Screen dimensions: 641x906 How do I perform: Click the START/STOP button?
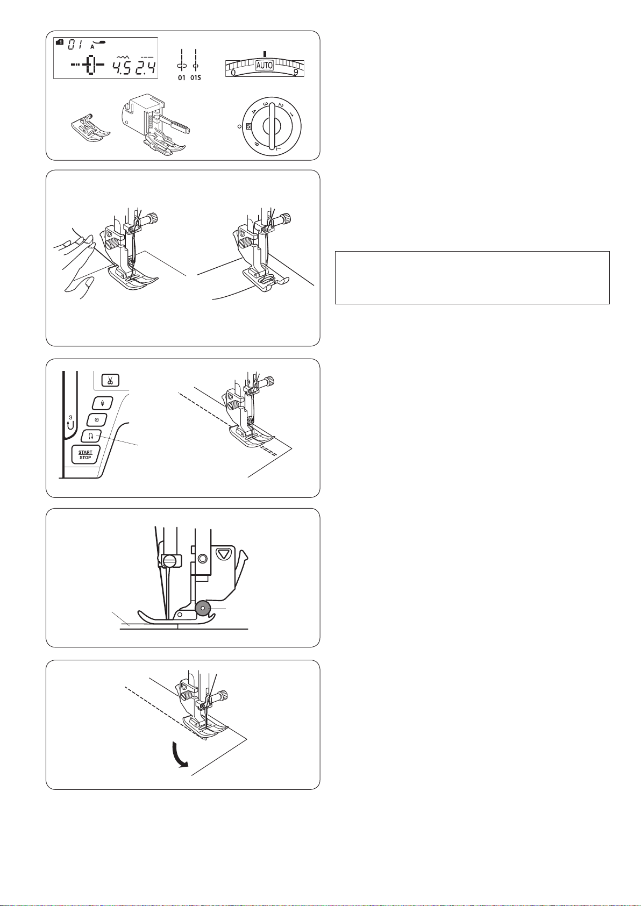(x=86, y=455)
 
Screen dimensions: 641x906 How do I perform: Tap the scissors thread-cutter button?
(x=110, y=381)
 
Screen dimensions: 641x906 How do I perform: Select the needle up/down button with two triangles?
(x=102, y=403)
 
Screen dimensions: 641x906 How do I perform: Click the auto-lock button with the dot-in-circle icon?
(x=97, y=420)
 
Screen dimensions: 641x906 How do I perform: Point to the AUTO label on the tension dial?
(x=265, y=65)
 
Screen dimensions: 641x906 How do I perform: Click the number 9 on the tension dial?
(x=296, y=73)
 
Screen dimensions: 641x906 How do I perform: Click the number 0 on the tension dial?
(x=233, y=73)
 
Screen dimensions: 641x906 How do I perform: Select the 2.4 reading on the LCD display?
(x=145, y=66)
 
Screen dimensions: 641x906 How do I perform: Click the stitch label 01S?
(x=195, y=77)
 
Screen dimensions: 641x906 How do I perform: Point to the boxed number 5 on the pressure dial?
(x=249, y=126)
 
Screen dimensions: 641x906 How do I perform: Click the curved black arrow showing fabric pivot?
(x=180, y=754)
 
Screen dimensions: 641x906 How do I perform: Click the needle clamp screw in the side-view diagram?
(x=169, y=561)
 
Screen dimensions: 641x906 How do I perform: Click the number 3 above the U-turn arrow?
(x=70, y=417)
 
